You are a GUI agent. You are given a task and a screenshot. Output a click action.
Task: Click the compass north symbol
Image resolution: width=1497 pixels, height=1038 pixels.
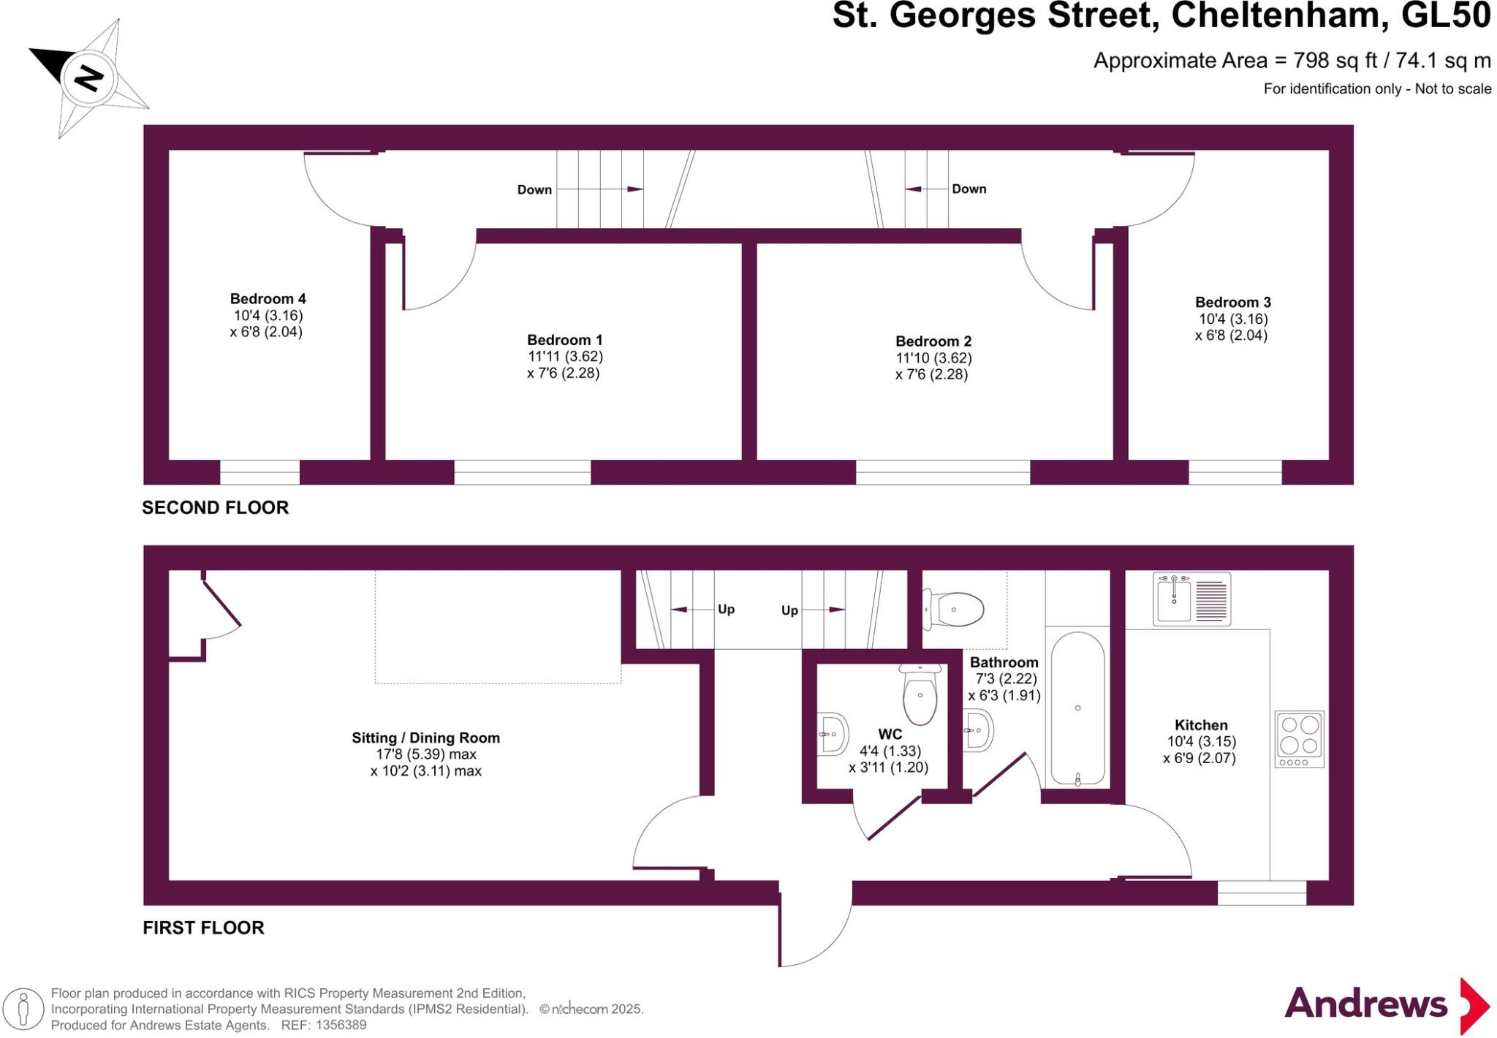point(88,77)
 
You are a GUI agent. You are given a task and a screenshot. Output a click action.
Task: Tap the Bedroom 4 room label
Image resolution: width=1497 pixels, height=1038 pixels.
point(268,299)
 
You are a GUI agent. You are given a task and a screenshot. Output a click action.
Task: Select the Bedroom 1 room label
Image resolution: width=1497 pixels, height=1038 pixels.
point(564,340)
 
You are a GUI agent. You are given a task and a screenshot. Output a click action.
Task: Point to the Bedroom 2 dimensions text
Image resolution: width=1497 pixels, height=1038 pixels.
point(933,366)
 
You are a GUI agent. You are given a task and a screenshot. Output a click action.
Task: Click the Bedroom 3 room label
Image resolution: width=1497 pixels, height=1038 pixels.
point(1232,303)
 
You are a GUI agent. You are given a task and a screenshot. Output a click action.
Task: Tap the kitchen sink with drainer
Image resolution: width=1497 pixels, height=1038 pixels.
point(1191,599)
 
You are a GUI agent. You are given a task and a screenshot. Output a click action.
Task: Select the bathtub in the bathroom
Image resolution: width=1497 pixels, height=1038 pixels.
point(1077,708)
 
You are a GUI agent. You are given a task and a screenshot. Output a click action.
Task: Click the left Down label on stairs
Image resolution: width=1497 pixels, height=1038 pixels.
point(534,190)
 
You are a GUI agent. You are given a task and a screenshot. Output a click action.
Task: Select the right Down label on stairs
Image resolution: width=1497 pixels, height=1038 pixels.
point(969,189)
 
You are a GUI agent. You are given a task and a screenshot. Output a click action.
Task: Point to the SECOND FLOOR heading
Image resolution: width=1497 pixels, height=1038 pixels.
point(215,507)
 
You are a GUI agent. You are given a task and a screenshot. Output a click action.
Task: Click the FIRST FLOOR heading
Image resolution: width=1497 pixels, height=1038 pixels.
point(203,928)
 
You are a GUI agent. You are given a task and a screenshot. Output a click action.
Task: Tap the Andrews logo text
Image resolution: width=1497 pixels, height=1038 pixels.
point(1365,1004)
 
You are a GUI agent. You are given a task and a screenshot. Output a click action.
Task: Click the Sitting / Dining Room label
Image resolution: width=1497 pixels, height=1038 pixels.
point(425,738)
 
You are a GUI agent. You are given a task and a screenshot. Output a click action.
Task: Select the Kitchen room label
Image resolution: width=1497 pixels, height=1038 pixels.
point(1200,725)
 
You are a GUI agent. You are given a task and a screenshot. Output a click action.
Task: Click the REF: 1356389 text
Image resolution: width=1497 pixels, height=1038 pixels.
point(323,1026)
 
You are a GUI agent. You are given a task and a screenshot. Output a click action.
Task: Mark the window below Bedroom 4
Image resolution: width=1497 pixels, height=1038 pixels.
point(259,472)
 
